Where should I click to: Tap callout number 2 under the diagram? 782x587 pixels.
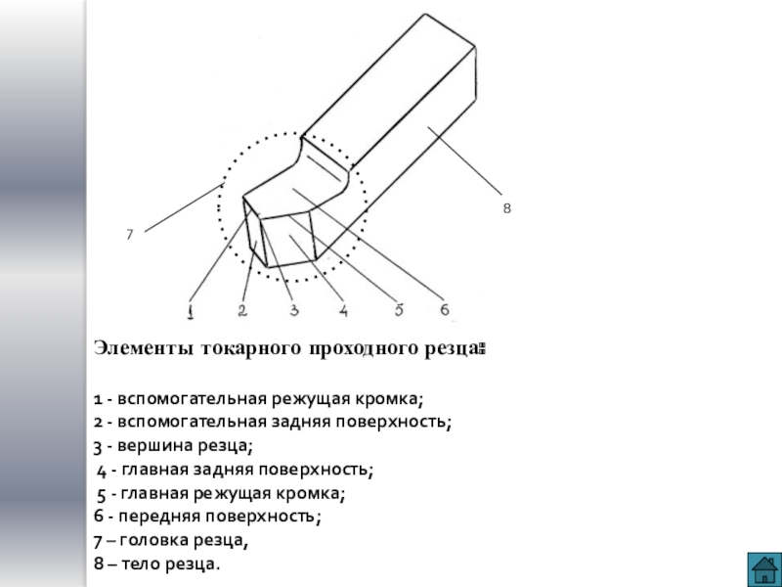(x=240, y=311)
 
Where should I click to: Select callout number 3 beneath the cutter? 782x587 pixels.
(x=292, y=311)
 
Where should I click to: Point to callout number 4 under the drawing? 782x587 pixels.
(x=343, y=311)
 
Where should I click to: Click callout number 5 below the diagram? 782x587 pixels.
(x=398, y=311)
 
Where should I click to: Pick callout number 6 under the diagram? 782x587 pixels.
(x=444, y=310)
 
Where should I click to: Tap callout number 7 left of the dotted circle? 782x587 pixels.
(x=129, y=235)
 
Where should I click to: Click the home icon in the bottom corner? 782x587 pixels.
(x=760, y=566)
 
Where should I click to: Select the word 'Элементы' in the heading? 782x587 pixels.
(x=144, y=347)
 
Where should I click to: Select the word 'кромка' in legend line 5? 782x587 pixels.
(x=316, y=493)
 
